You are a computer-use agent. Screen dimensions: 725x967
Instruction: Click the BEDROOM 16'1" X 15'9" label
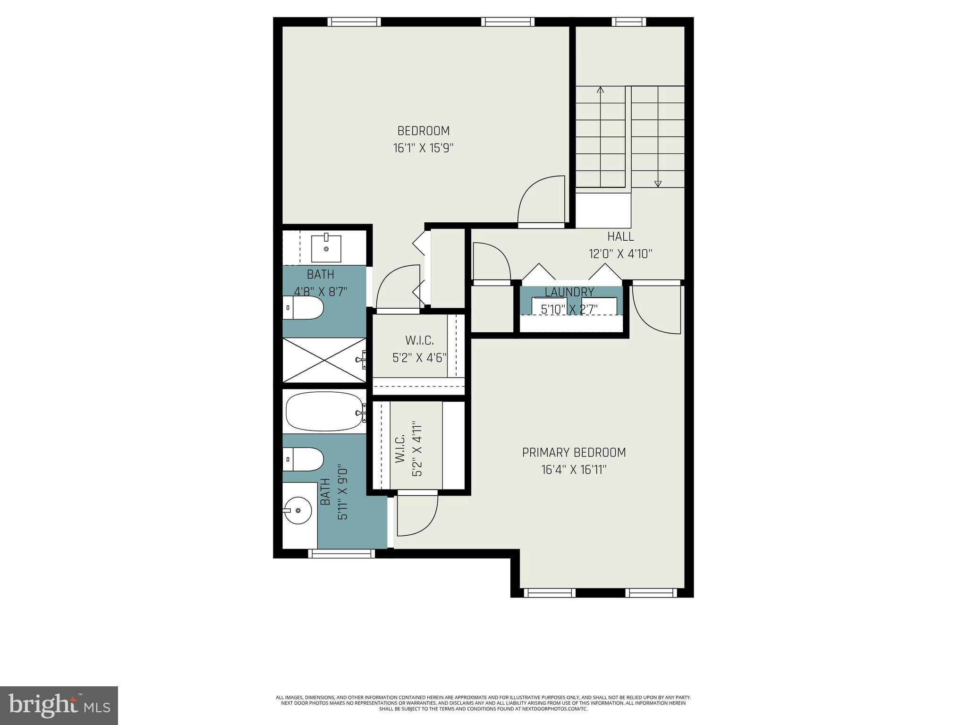coord(423,139)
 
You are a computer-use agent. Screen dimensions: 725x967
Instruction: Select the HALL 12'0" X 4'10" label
coord(620,245)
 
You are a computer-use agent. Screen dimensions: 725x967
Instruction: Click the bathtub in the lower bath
coord(324,411)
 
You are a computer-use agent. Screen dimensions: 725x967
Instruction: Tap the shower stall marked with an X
coord(324,360)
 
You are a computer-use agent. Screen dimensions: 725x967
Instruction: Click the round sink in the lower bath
coord(297,510)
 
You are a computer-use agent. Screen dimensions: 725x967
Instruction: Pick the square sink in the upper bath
coord(326,248)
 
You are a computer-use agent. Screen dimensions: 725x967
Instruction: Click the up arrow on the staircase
coord(600,90)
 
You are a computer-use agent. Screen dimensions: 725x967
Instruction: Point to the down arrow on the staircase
coord(658,184)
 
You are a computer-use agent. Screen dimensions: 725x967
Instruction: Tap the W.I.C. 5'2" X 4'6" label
coord(419,349)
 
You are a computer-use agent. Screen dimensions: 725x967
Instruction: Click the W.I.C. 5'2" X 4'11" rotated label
coord(408,448)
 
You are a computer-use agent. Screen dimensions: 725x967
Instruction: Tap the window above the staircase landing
coord(629,22)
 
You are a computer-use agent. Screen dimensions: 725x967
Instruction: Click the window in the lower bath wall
coord(341,553)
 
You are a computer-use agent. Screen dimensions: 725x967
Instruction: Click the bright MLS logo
coord(59,705)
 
